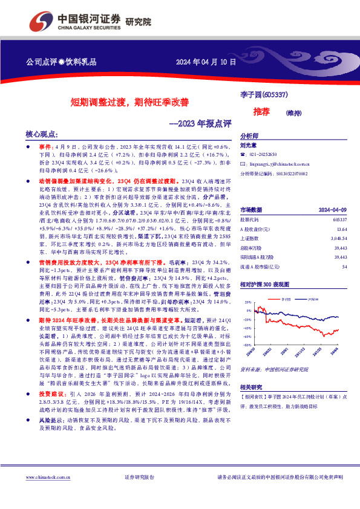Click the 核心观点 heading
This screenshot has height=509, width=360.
click(42, 134)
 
